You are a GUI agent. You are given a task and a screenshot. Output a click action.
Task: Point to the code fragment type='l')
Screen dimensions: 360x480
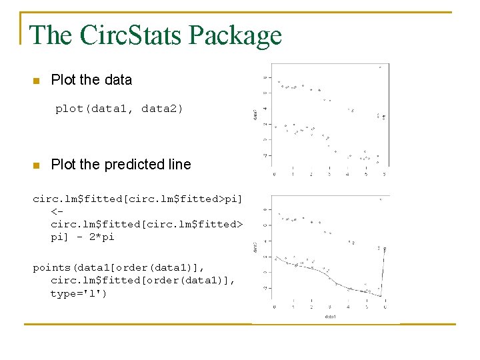[78, 293]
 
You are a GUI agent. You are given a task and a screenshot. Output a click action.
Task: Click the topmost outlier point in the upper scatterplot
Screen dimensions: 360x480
[380, 67]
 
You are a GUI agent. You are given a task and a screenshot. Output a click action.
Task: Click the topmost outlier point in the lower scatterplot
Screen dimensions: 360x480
[380, 199]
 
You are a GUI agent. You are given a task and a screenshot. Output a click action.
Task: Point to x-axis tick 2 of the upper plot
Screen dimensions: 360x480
[311, 175]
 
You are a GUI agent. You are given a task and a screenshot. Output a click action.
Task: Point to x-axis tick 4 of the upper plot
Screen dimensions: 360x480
[347, 175]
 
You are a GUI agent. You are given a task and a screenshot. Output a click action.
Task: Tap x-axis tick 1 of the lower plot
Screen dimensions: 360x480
[293, 307]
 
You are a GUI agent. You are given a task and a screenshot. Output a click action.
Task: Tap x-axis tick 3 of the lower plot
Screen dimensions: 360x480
[329, 307]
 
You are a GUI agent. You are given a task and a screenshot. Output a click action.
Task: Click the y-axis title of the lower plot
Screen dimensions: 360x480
[256, 247]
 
